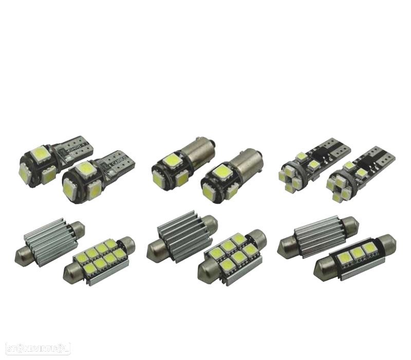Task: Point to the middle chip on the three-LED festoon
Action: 357,252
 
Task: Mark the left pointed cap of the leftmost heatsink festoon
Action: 22,251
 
